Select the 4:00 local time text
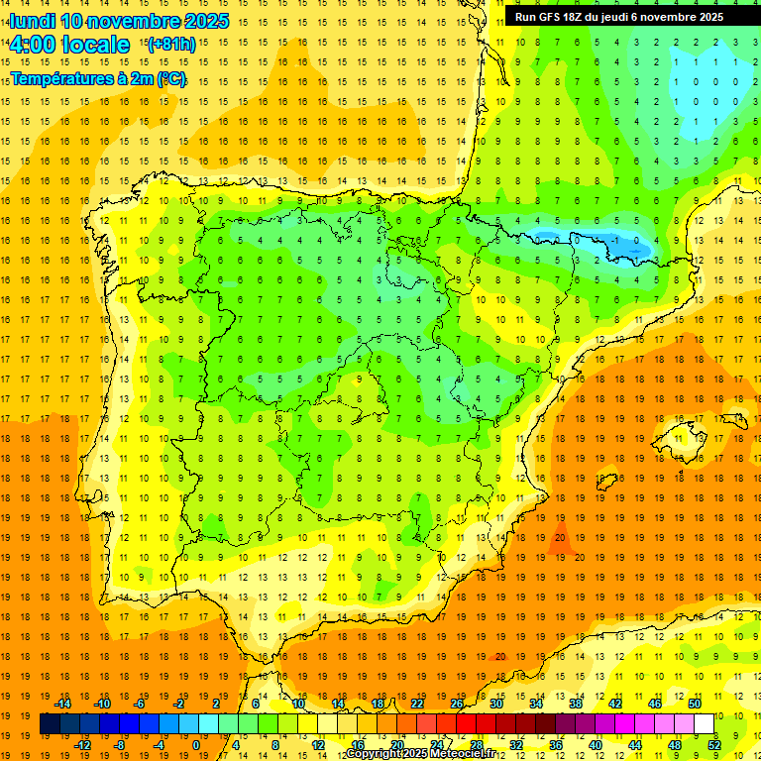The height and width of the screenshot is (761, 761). [69, 45]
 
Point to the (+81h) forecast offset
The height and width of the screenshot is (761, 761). [170, 45]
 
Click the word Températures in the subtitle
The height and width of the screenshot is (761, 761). [63, 78]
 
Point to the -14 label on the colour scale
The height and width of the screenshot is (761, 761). [62, 703]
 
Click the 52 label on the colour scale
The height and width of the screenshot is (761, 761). [714, 745]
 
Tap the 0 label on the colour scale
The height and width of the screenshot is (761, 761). [195, 745]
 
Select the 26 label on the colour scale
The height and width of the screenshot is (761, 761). [457, 703]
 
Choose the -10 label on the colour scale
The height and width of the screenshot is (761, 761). [101, 703]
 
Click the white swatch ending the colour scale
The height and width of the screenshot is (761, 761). [704, 724]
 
